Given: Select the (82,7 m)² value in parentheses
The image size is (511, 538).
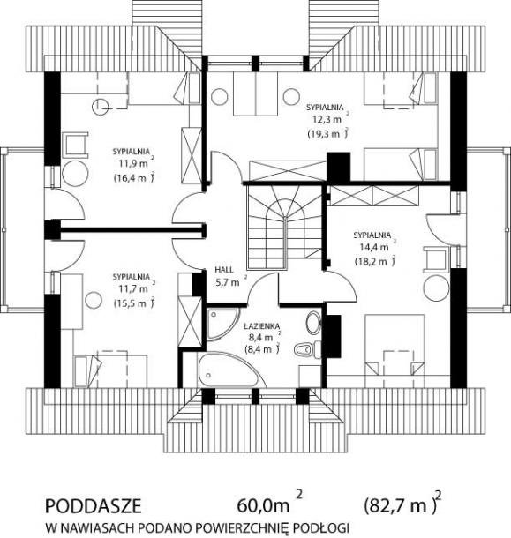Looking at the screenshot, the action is (402, 504).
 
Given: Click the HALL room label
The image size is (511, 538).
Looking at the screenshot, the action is (224, 269).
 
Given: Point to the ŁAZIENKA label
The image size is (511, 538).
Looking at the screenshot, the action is (262, 325).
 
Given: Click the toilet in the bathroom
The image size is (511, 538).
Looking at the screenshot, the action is (308, 349).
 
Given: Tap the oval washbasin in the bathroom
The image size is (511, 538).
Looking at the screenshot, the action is (312, 323).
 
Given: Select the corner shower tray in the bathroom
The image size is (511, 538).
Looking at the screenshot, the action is (222, 323).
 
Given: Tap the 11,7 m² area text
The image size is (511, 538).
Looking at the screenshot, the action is (135, 288).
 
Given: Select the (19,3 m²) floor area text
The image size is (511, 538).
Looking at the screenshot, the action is (327, 134).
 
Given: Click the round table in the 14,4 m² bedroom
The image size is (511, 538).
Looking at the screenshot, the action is (436, 288).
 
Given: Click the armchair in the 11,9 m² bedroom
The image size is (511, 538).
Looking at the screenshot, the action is (75, 146).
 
